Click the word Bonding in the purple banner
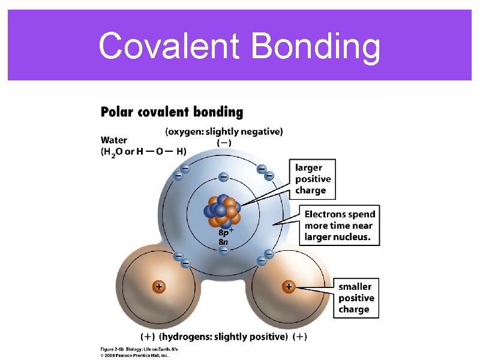point(316,47)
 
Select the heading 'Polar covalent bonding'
point(172,112)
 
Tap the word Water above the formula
point(113,140)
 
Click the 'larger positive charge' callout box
point(313,179)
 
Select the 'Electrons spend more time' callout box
point(340,226)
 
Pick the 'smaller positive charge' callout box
point(356,298)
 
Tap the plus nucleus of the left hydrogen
point(158,287)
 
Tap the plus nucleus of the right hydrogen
point(289,287)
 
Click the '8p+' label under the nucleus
point(226,232)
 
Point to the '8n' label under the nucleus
point(223,242)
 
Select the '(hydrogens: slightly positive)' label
point(223,337)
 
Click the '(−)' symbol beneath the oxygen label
point(223,143)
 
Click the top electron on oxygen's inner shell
point(223,177)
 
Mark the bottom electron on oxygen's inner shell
point(223,251)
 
